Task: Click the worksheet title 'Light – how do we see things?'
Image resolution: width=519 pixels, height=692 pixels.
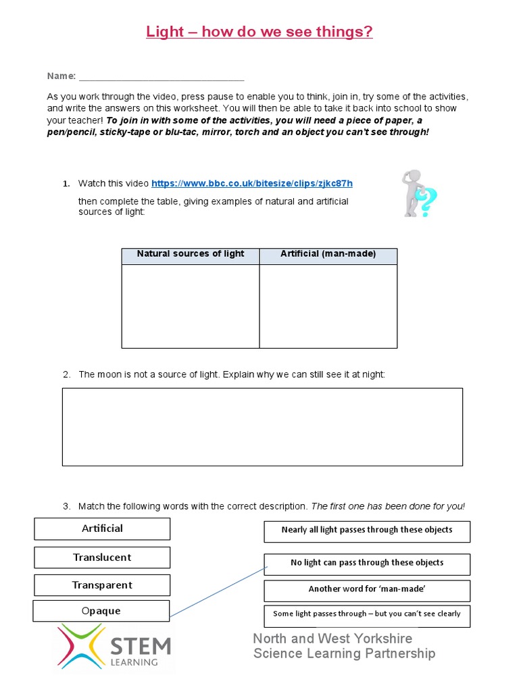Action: click(x=259, y=32)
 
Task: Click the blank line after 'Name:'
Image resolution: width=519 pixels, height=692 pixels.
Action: click(x=161, y=76)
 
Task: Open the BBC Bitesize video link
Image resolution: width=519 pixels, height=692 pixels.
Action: click(x=251, y=183)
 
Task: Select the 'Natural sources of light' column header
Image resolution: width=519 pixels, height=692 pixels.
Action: click(x=191, y=255)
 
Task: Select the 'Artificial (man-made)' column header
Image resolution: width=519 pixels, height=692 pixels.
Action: click(x=328, y=255)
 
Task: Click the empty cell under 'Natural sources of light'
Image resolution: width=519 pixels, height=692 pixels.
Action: click(x=191, y=306)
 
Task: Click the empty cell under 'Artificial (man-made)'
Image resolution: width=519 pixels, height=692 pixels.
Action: click(x=328, y=306)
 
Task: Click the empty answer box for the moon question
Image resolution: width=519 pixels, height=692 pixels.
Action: click(x=262, y=426)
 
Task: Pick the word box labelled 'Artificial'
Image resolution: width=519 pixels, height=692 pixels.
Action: click(x=102, y=528)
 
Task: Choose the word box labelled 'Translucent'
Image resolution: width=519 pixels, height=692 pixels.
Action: click(x=102, y=558)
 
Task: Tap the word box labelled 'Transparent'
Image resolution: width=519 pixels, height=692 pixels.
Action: click(x=102, y=585)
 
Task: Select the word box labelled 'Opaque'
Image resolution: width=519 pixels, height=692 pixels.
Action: click(x=101, y=611)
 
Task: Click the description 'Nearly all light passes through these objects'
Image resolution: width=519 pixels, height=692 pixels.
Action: click(x=367, y=530)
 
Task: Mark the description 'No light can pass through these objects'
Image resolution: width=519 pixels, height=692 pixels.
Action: click(x=367, y=563)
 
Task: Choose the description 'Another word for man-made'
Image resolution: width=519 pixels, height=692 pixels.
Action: click(x=367, y=589)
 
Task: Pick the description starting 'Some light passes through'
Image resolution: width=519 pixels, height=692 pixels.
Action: click(x=367, y=614)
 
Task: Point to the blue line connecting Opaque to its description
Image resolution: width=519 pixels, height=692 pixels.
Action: click(x=216, y=592)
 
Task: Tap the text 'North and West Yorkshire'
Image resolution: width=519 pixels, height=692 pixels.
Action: click(x=332, y=639)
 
